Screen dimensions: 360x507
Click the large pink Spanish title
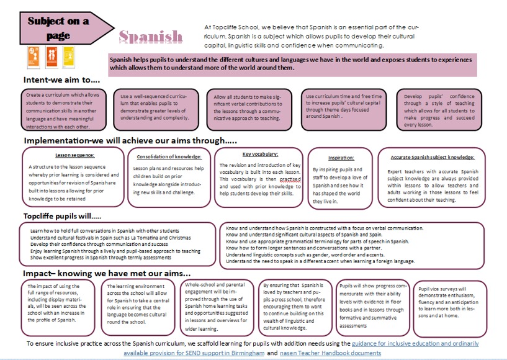click(151, 37)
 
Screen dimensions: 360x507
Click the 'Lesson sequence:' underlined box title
click(75, 155)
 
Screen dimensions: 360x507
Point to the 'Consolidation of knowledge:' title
click(169, 156)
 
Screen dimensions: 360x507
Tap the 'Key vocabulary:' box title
click(260, 154)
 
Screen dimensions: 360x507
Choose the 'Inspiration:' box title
click(341, 158)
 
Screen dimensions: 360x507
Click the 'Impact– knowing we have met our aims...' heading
click(107, 274)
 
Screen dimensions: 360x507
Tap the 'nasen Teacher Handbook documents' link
click(333, 353)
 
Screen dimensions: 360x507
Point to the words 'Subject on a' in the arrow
click(58, 21)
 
